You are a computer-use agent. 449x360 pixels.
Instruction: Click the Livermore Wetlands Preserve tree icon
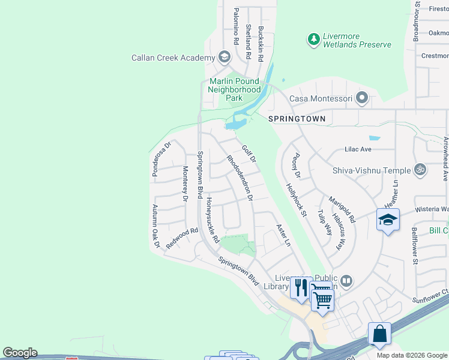313,40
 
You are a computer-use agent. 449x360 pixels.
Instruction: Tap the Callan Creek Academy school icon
224,58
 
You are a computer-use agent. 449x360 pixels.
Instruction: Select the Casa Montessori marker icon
362,98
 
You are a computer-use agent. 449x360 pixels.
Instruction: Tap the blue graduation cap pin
388,220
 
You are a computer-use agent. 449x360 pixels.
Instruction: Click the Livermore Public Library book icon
346,281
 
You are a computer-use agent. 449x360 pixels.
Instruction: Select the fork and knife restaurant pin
301,287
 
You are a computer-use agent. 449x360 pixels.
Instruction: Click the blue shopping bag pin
379,334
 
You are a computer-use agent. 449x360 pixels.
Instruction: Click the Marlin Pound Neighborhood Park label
234,89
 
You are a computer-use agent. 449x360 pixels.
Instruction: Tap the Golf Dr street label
249,154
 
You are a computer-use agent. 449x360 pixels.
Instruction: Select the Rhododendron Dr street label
240,178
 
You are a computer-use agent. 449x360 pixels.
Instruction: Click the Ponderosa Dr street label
160,154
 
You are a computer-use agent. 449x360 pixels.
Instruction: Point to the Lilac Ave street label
358,149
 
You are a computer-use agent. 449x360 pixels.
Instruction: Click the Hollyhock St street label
297,200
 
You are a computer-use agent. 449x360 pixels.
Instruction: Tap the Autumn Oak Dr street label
155,226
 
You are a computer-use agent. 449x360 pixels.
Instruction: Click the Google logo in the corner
20,353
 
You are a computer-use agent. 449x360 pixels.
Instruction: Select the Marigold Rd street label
342,209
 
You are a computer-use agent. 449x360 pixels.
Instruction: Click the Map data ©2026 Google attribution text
411,355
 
